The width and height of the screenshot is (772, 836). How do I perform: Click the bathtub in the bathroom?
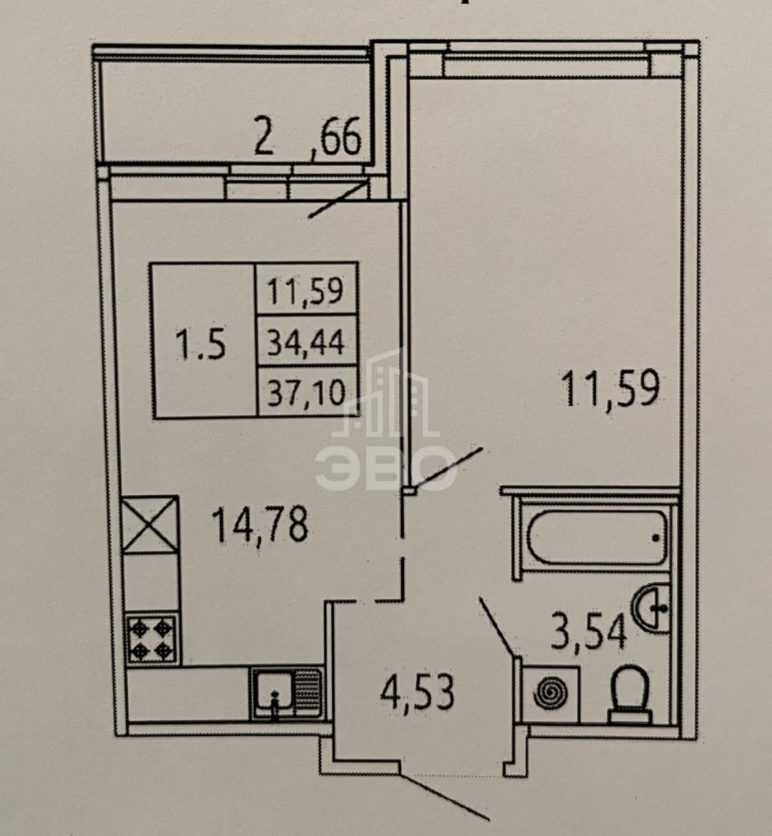pyautogui.click(x=597, y=538)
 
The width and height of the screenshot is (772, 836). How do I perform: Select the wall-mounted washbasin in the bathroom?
pyautogui.click(x=651, y=607)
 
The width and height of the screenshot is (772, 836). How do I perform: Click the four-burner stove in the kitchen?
pyautogui.click(x=152, y=639)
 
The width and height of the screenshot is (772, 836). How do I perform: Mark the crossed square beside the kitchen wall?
pyautogui.click(x=149, y=525)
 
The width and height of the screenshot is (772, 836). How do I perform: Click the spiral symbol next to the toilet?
pyautogui.click(x=550, y=694)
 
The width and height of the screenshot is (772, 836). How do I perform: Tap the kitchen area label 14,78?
pyautogui.click(x=260, y=526)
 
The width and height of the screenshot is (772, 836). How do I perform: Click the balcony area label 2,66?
pyautogui.click(x=308, y=137)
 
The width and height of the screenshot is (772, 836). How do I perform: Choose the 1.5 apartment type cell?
pyautogui.click(x=203, y=340)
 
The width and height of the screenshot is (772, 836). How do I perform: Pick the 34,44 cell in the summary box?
pyautogui.click(x=307, y=342)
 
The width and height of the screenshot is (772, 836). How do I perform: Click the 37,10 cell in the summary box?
pyautogui.click(x=307, y=393)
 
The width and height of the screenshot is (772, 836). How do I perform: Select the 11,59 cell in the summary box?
pyautogui.click(x=306, y=290)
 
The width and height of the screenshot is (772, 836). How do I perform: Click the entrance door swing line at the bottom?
pyautogui.click(x=444, y=795)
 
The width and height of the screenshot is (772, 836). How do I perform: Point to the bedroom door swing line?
pyautogui.click(x=447, y=468)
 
